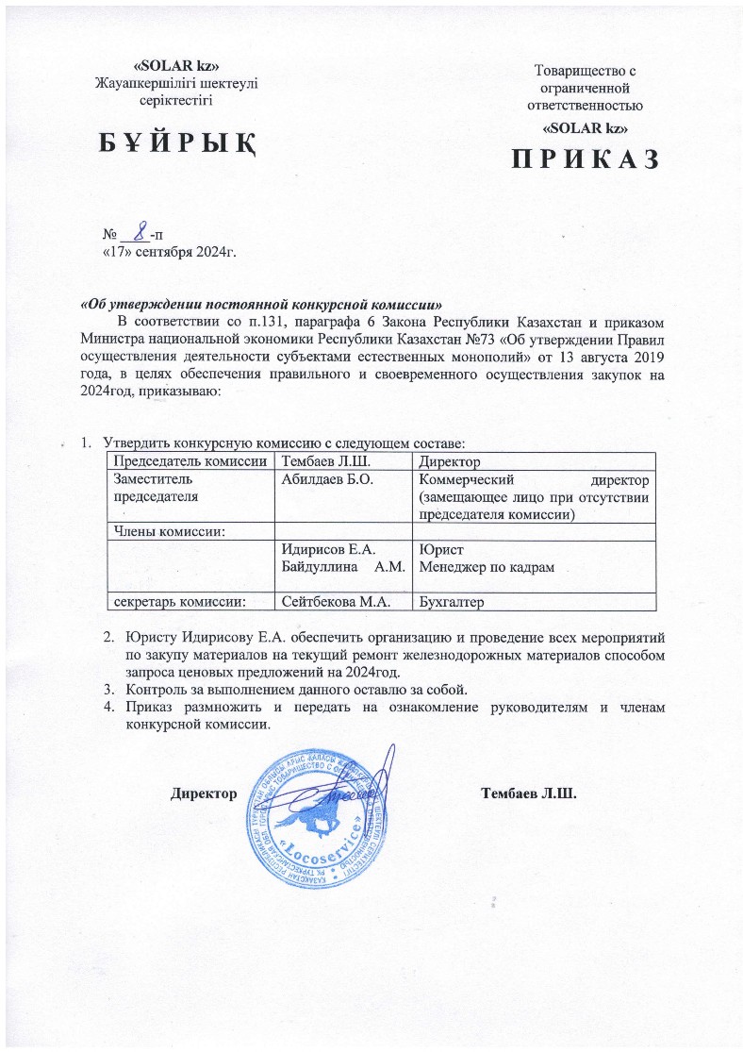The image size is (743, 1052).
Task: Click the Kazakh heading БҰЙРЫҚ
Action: tap(177, 145)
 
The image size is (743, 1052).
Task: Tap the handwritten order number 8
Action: tap(139, 228)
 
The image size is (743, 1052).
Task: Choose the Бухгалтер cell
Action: tap(454, 600)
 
